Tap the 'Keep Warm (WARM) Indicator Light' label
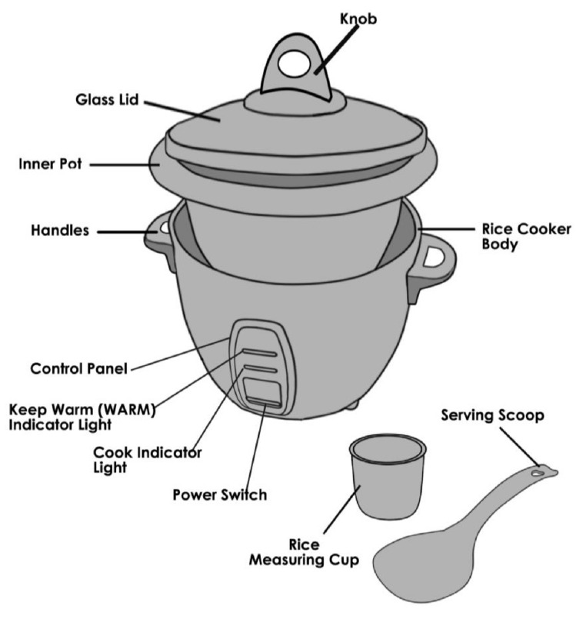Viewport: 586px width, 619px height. tap(82, 416)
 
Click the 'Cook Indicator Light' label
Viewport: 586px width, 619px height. tap(146, 460)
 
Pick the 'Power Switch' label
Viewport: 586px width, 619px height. tap(220, 494)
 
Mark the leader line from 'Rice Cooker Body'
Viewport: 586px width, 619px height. tap(446, 229)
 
